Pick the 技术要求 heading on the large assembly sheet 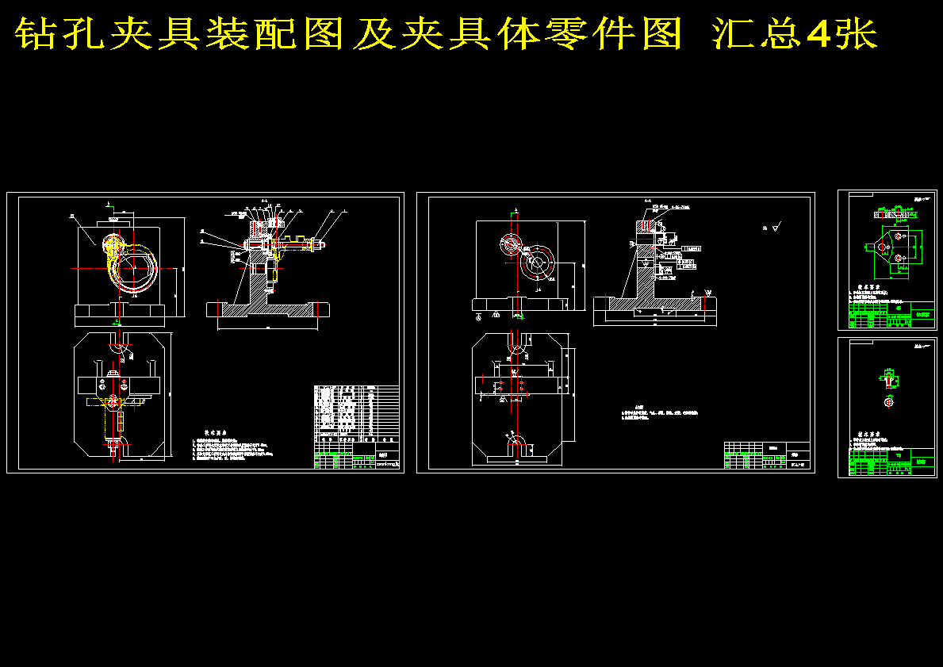pos(217,432)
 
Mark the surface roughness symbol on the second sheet pos(774,228)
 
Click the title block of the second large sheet pos(766,455)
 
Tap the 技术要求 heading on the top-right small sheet pos(872,287)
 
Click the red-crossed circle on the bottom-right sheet pos(888,402)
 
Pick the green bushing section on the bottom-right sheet pos(888,378)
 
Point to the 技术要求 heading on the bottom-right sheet pos(872,435)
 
